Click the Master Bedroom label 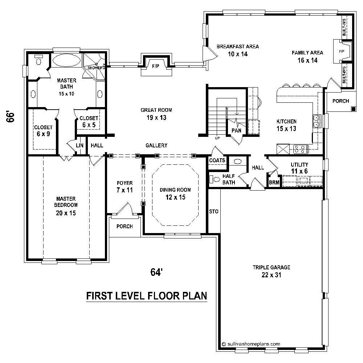[66, 206]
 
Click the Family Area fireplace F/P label [342, 52]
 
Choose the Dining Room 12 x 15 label [176, 193]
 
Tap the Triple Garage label [266, 271]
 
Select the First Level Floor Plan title [146, 296]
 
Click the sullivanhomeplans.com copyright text [250, 343]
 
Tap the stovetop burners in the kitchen [301, 148]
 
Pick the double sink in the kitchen [317, 121]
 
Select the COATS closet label [217, 160]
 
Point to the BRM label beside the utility [274, 183]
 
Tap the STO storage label [213, 211]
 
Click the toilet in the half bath [215, 179]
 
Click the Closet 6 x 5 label [89, 121]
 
